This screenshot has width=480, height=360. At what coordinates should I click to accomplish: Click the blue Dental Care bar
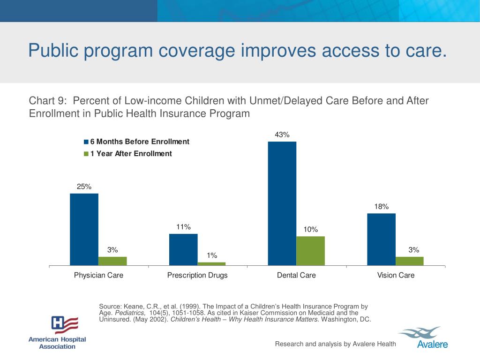pyautogui.click(x=282, y=203)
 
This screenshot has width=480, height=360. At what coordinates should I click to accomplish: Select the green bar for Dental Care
pyautogui.click(x=310, y=251)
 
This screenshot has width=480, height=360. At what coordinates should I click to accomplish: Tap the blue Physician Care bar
pyautogui.click(x=84, y=229)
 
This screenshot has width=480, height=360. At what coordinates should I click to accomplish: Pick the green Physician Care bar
pyautogui.click(x=112, y=261)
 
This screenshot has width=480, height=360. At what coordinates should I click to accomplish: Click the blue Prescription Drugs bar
pyautogui.click(x=183, y=249)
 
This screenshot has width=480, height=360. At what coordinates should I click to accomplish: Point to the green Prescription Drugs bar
pyautogui.click(x=211, y=264)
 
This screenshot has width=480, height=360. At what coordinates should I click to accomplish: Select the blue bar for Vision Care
pyautogui.click(x=381, y=239)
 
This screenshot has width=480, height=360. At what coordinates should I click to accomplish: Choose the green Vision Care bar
pyautogui.click(x=410, y=261)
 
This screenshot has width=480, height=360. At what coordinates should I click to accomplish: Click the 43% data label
pyautogui.click(x=282, y=135)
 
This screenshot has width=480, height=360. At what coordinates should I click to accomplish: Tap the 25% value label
pyautogui.click(x=84, y=187)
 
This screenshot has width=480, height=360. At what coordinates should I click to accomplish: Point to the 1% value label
pyautogui.click(x=212, y=255)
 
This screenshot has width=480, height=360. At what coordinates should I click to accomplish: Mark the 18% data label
pyautogui.click(x=382, y=207)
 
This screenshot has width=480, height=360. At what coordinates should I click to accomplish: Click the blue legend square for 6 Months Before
pyautogui.click(x=86, y=142)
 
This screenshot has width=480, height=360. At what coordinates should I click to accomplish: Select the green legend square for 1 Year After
pyautogui.click(x=86, y=154)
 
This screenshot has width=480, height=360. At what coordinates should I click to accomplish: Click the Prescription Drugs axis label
pyautogui.click(x=197, y=275)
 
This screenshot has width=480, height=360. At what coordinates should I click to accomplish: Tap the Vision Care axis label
pyautogui.click(x=396, y=275)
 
